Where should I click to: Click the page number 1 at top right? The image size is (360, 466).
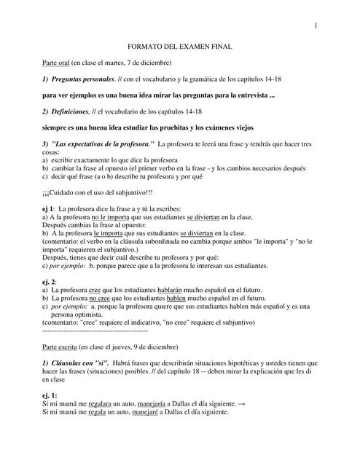316,27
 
